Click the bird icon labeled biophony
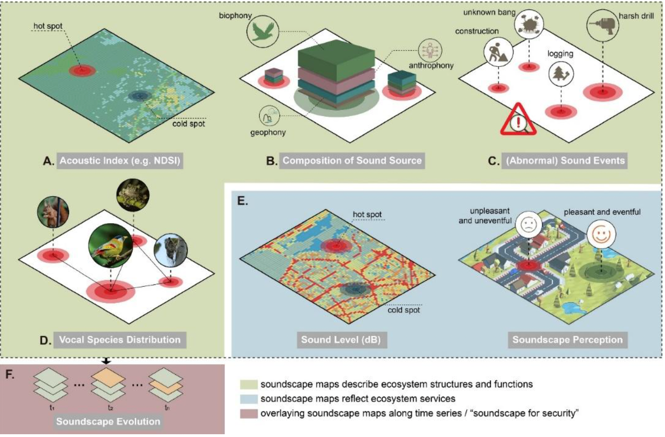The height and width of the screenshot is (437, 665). point(262,32)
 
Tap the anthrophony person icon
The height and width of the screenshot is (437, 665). point(430,50)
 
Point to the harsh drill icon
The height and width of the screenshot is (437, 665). point(602,25)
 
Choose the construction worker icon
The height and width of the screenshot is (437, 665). point(498,53)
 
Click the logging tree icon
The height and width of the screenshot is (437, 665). point(561,73)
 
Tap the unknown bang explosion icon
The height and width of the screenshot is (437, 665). point(529,23)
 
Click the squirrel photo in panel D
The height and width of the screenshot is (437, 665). point(53,212)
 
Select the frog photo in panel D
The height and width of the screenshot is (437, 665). point(133,194)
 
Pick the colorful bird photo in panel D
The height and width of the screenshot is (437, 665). point(111,245)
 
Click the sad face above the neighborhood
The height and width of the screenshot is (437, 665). point(528,225)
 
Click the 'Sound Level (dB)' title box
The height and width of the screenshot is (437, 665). point(341,339)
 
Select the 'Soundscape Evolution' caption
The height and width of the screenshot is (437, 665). point(108,421)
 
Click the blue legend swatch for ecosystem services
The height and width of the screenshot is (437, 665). point(248,399)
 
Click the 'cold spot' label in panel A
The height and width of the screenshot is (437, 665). point(189,124)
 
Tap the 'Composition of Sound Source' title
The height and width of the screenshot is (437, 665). point(352,160)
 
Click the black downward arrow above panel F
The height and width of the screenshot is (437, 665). point(106,361)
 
